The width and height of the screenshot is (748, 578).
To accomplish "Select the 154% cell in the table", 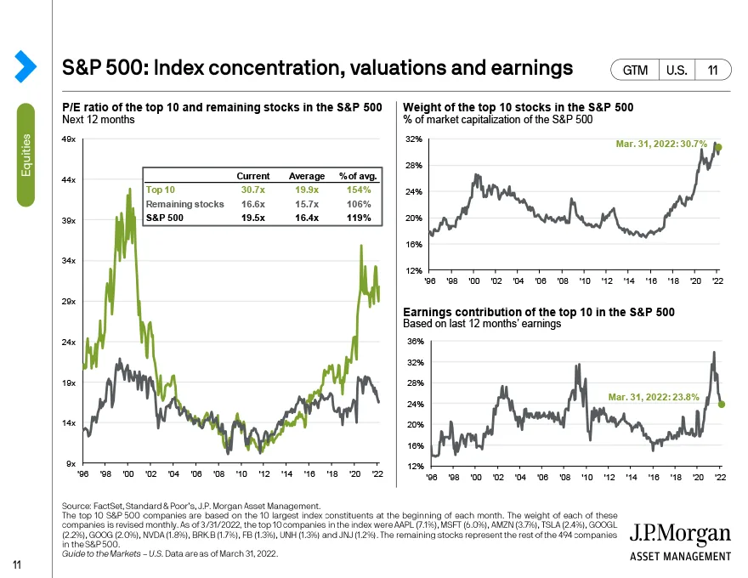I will [x=360, y=190].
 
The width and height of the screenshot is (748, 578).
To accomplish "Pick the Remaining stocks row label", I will [x=185, y=204].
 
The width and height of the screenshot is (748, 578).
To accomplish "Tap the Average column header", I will [x=307, y=175].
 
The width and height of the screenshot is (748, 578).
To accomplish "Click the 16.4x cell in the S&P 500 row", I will [x=307, y=218].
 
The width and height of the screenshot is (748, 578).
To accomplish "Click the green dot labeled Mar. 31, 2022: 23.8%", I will [x=721, y=404].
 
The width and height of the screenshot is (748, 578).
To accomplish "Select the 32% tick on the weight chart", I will [x=414, y=139].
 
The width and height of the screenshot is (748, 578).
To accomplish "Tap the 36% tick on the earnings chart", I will [x=414, y=342].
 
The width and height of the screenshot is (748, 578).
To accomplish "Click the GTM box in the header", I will [x=636, y=71].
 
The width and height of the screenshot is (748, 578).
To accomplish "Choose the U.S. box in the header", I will [x=677, y=71].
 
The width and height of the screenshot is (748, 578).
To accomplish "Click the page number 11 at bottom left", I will [x=16, y=564].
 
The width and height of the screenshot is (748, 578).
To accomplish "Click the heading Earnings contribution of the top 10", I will [x=539, y=313].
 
